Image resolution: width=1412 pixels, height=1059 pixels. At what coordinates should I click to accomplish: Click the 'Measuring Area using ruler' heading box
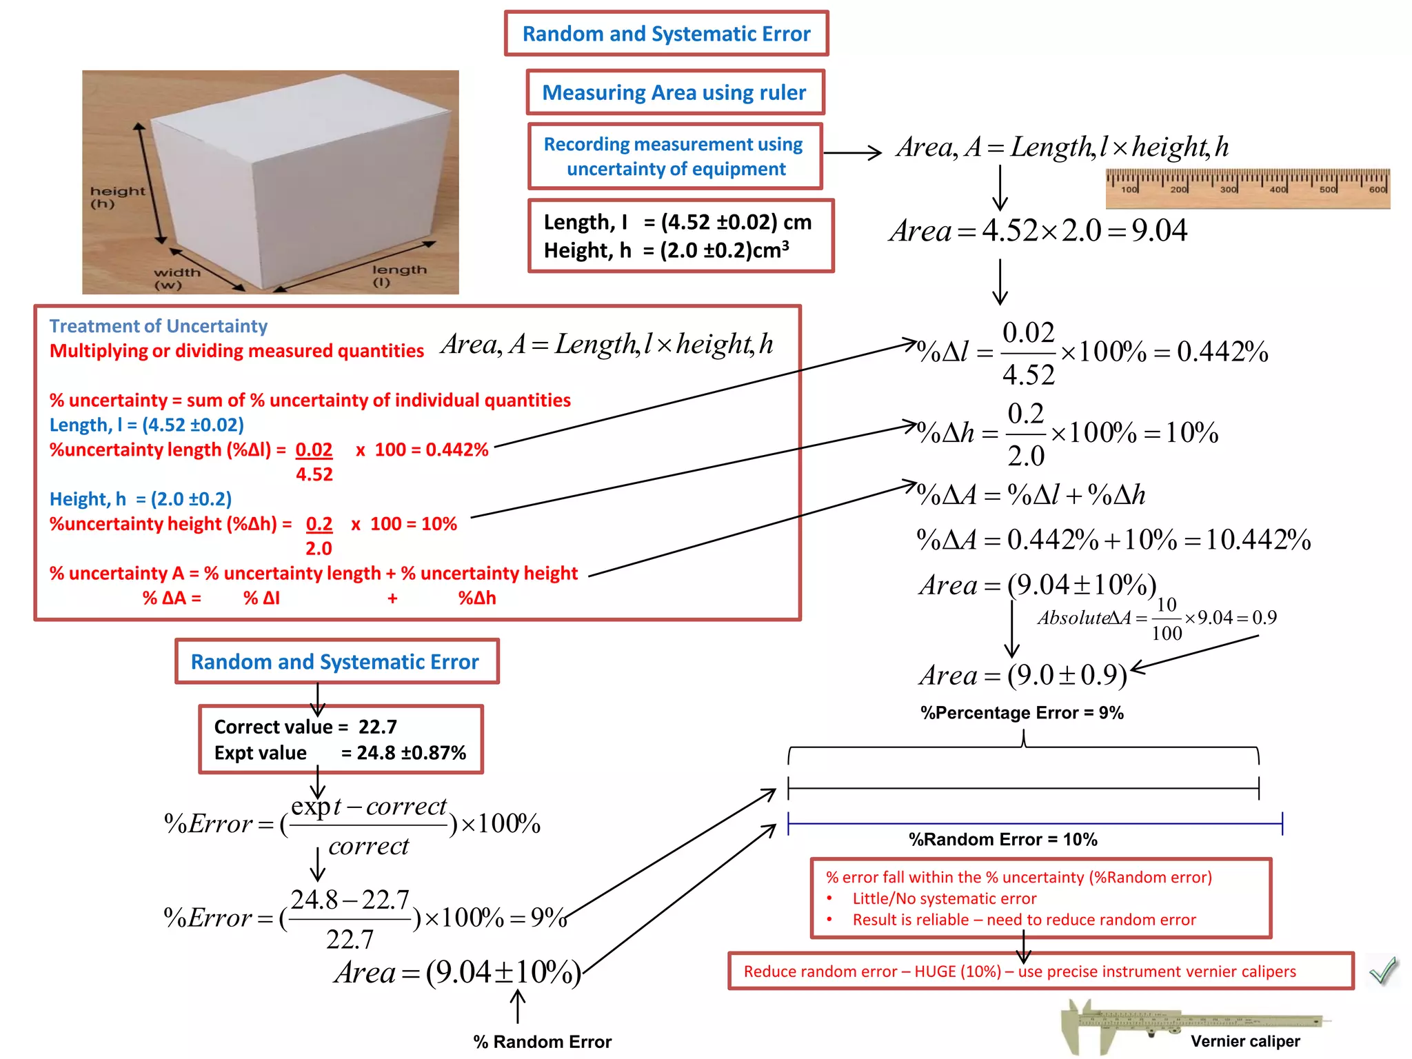(x=674, y=92)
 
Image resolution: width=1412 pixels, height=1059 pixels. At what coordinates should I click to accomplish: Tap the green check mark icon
(x=1383, y=971)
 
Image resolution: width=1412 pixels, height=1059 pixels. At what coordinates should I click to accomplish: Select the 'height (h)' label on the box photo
(x=117, y=197)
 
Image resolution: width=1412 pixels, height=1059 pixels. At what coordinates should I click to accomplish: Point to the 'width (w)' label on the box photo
(x=176, y=279)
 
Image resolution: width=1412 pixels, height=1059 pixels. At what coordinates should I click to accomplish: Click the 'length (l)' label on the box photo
(x=399, y=275)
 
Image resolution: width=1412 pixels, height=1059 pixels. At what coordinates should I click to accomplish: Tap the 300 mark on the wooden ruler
(x=1228, y=189)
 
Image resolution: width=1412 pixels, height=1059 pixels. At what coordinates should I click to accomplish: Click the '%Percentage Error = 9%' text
(x=1022, y=713)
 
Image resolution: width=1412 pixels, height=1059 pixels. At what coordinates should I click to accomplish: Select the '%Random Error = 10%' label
(x=1002, y=839)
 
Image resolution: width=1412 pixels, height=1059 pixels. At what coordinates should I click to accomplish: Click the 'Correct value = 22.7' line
(x=305, y=727)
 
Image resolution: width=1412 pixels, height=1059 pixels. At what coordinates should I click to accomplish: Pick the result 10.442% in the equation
(x=1258, y=540)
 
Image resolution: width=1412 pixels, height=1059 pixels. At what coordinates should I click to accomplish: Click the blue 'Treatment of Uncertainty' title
(x=158, y=325)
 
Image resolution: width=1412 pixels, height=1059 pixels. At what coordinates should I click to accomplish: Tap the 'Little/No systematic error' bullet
(x=944, y=898)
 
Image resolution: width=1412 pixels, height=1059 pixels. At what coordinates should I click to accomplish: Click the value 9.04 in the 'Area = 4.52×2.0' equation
(x=1159, y=231)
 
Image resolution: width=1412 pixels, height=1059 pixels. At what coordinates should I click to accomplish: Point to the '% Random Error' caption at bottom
(x=542, y=1041)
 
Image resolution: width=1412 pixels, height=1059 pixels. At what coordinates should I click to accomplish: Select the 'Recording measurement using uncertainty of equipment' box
(x=674, y=157)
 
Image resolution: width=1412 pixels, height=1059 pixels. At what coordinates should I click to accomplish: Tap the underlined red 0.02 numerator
(x=314, y=450)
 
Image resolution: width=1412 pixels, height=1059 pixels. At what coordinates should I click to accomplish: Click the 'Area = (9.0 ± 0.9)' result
(x=1023, y=675)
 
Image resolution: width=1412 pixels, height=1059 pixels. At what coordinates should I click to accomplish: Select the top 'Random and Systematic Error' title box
(x=666, y=34)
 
